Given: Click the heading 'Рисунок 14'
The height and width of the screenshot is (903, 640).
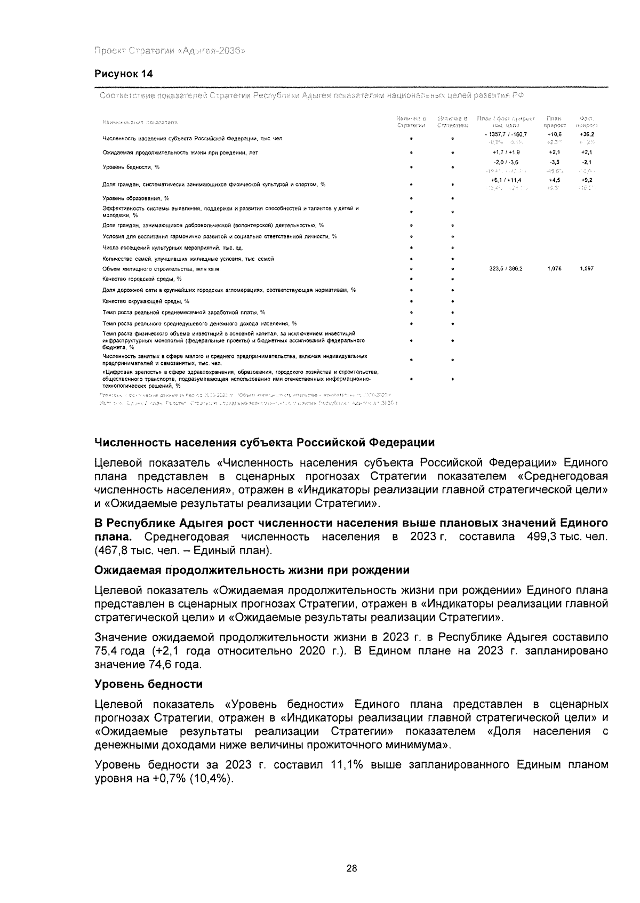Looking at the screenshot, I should pos(124,74).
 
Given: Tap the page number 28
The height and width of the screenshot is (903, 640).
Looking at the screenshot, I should pos(351,868).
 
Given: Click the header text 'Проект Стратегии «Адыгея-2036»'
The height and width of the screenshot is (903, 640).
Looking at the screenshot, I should pos(170,51).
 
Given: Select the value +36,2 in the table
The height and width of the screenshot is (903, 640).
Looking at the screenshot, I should pos(587,134).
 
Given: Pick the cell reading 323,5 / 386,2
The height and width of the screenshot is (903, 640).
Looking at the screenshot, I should pos(506,269).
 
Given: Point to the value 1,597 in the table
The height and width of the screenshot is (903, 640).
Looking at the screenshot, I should pos(586,269).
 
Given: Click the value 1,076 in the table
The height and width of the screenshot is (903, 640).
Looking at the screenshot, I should pos(554,269).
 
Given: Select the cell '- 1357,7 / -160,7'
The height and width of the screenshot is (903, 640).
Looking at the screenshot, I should pos(505,134).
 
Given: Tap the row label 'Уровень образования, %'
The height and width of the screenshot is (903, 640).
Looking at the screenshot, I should pos(135,198).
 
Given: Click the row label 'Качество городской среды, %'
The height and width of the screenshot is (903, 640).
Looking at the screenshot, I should pos(142,279).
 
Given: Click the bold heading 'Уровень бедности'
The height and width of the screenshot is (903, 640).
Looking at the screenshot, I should pos(148,684).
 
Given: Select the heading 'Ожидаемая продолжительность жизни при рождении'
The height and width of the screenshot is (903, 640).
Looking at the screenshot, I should pos(252,570).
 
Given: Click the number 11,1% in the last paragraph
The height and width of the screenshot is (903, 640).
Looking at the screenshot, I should pos(347,765).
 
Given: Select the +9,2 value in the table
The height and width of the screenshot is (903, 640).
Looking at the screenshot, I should pos(587,181).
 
